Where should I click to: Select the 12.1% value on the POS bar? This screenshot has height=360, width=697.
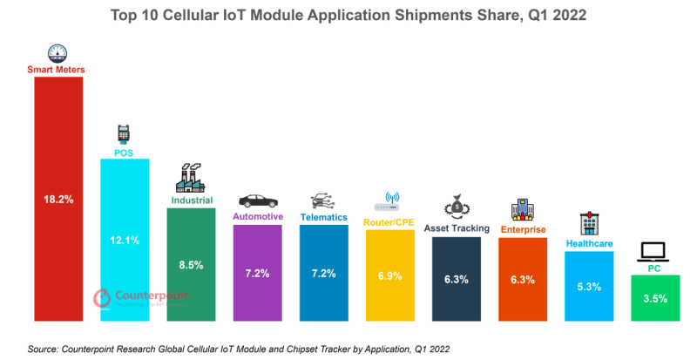[125, 240]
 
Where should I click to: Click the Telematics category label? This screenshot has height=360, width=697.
[323, 217]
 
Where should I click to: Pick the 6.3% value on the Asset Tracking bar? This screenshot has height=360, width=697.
[456, 280]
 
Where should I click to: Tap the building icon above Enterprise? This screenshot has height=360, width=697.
[522, 210]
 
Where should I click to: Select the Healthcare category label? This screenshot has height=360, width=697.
[589, 244]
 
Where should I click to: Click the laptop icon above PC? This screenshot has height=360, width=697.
[654, 252]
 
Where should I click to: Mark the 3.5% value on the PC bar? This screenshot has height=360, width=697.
[654, 298]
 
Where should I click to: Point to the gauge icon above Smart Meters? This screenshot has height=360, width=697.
[58, 51]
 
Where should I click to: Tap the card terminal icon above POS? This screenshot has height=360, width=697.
[125, 134]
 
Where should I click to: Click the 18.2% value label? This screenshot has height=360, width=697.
[58, 200]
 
